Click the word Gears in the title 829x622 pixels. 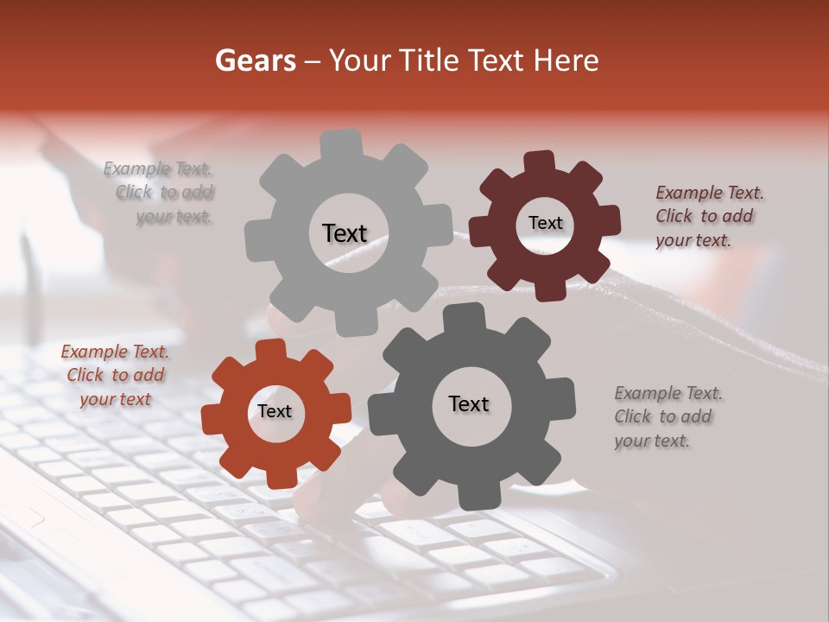coord(255,60)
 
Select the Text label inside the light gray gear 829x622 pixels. coord(345,233)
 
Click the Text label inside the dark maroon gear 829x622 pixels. coord(545,223)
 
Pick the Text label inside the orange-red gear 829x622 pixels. coord(275,411)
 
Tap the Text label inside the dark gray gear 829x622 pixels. coord(469,403)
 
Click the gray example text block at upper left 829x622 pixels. coord(160,193)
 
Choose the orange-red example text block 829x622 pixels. coord(115,375)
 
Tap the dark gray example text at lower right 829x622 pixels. coord(667,416)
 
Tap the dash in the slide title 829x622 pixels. coord(313,61)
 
